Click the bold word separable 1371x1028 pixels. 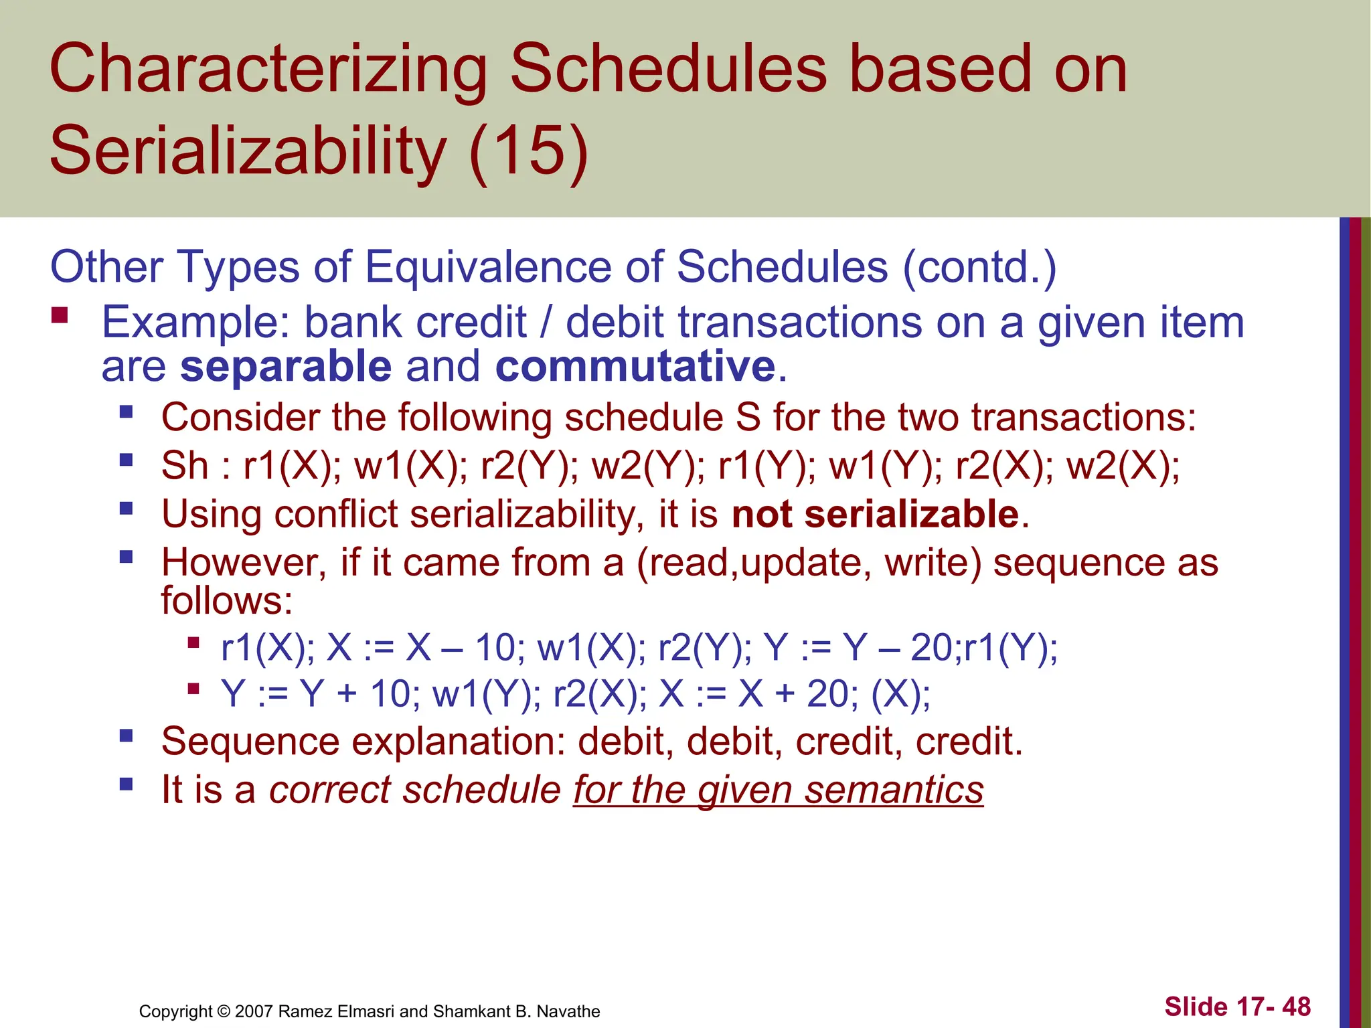coord(286,367)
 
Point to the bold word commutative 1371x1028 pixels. coord(635,367)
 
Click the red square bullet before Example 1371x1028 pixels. coord(60,315)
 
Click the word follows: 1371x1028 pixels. coord(227,600)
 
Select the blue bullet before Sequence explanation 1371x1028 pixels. coord(126,736)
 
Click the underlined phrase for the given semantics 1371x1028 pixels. coord(778,790)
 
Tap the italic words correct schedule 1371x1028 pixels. coord(414,790)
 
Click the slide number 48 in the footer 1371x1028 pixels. coord(1296,1007)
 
